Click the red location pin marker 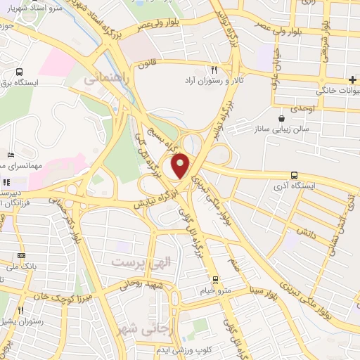(181, 166)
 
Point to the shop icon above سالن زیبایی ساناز (282, 118)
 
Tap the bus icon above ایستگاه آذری (293, 176)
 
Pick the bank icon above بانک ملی (22, 255)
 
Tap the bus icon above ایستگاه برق (19, 71)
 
